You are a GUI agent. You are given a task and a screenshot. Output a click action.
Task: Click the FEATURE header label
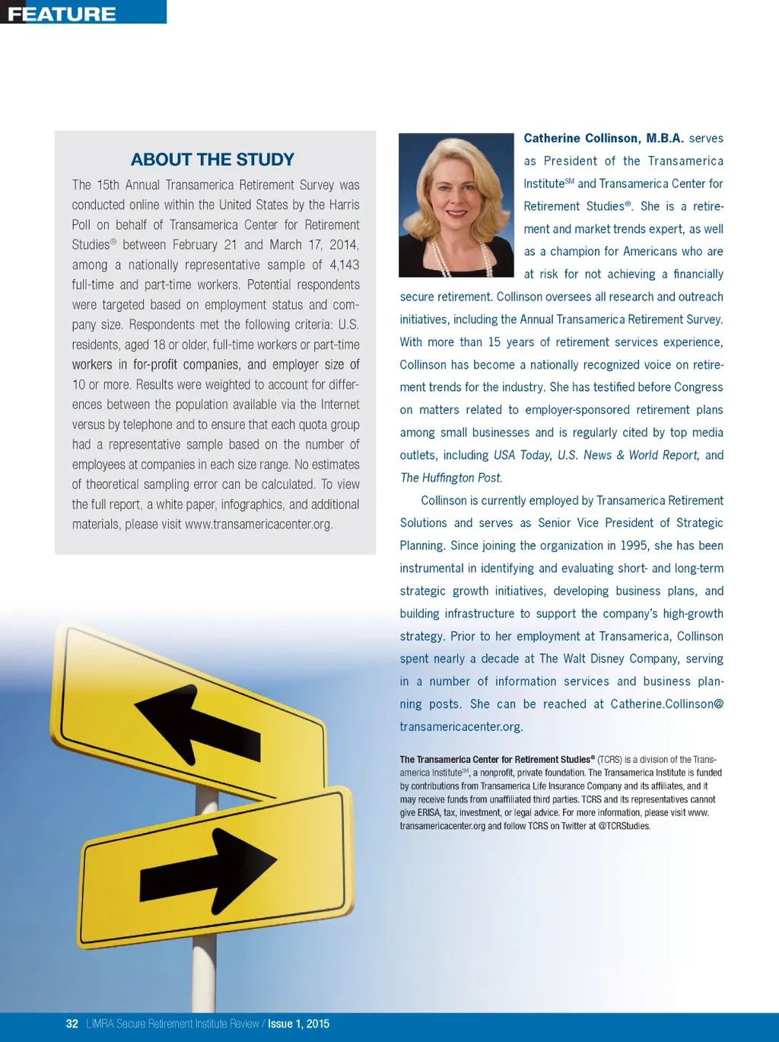(x=62, y=14)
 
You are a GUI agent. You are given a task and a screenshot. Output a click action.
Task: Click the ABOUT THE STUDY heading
(x=212, y=160)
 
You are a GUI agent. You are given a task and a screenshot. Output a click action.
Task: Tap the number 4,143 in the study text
(x=344, y=265)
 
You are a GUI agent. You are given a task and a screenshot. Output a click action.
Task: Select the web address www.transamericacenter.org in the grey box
(x=259, y=524)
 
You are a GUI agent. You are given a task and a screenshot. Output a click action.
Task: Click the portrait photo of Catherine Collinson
(x=456, y=205)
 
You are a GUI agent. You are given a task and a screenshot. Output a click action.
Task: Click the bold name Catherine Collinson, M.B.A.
(x=603, y=138)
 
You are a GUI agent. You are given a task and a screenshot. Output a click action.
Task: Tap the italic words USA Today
(x=522, y=455)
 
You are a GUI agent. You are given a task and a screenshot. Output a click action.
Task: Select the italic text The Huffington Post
(x=451, y=478)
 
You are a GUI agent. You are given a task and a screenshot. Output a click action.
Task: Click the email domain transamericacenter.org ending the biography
(x=461, y=726)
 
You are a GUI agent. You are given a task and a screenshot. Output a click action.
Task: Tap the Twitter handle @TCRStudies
(x=625, y=826)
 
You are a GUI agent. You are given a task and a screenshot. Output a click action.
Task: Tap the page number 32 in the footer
(x=72, y=1024)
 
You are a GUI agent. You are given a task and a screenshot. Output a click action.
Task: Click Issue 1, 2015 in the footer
(x=298, y=1024)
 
